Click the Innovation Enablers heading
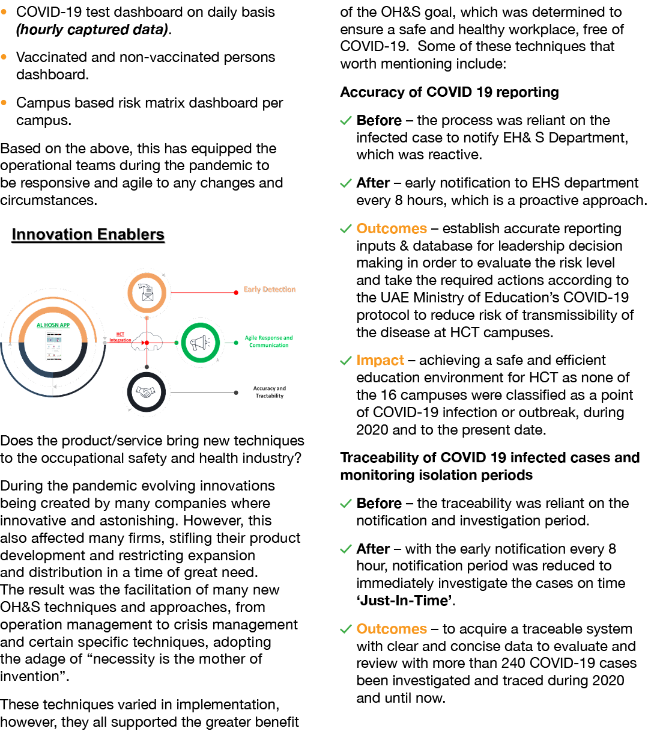click(x=88, y=234)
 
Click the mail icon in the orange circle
click(x=147, y=293)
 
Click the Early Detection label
click(x=270, y=290)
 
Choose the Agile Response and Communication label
click(x=268, y=341)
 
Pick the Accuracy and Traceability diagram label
click(x=269, y=393)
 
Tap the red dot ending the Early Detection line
click(x=236, y=293)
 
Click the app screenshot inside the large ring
click(x=54, y=348)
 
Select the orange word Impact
click(x=380, y=360)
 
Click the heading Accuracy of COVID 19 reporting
click(x=449, y=92)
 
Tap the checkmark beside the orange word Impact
click(x=346, y=361)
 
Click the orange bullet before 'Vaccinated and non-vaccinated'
click(x=4, y=57)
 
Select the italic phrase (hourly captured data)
click(x=92, y=29)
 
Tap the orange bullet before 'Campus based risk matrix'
click(x=4, y=103)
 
